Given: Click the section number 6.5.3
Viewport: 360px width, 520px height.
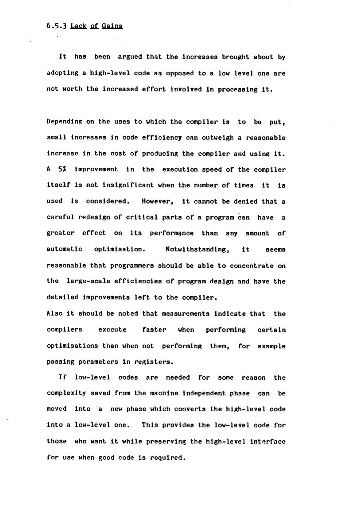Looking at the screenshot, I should pos(56,26).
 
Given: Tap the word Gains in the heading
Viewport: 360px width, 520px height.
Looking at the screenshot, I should pos(112,26).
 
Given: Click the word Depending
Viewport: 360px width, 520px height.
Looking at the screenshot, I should pos(64,122).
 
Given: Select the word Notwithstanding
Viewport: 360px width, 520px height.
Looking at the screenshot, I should pos(197,249).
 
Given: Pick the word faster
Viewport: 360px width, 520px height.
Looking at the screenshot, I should pos(154,330).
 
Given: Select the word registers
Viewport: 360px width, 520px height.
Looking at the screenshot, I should pos(154,362).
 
